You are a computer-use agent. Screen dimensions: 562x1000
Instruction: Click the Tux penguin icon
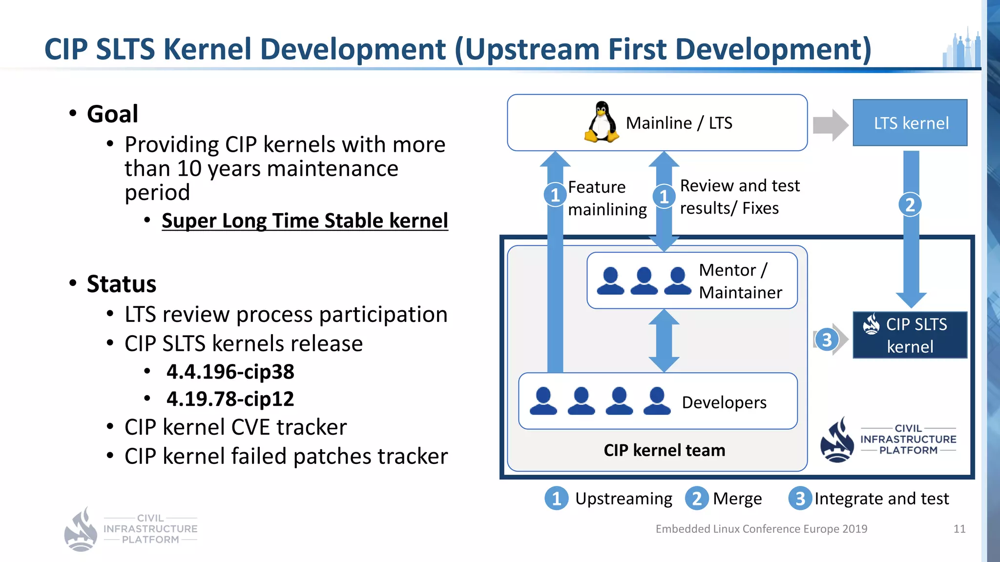click(x=602, y=122)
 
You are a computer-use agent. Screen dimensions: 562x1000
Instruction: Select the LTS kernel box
click(x=910, y=123)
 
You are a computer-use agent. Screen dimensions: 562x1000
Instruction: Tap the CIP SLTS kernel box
click(x=910, y=335)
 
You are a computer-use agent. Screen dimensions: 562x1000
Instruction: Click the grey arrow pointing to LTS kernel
click(x=830, y=125)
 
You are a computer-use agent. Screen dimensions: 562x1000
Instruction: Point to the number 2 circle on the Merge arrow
click(x=910, y=204)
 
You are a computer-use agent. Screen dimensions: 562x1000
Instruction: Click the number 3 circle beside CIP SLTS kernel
click(x=826, y=340)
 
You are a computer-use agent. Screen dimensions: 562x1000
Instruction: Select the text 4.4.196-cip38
click(x=230, y=372)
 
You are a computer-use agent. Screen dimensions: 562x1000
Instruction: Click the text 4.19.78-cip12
click(x=230, y=399)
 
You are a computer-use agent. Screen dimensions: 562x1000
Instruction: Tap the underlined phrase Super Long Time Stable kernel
click(x=305, y=221)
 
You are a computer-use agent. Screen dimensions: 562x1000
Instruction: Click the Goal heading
click(x=112, y=114)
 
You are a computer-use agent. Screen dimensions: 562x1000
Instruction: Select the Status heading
click(x=121, y=284)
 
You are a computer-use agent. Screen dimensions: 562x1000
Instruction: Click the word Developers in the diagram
click(x=724, y=402)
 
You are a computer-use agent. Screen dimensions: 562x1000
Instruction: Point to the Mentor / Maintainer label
click(x=740, y=281)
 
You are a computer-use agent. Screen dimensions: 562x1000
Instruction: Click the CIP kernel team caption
click(x=664, y=450)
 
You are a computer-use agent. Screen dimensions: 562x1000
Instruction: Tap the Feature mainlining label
click(x=607, y=198)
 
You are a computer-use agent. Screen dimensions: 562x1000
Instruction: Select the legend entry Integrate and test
click(x=881, y=499)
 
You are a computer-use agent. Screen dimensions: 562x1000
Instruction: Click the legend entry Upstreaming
click(x=623, y=499)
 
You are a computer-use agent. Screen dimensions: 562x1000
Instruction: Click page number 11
click(x=959, y=529)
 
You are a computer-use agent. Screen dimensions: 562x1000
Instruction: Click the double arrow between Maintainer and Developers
click(x=664, y=341)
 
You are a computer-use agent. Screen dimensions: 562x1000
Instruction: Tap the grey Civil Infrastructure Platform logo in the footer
click(x=131, y=529)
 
